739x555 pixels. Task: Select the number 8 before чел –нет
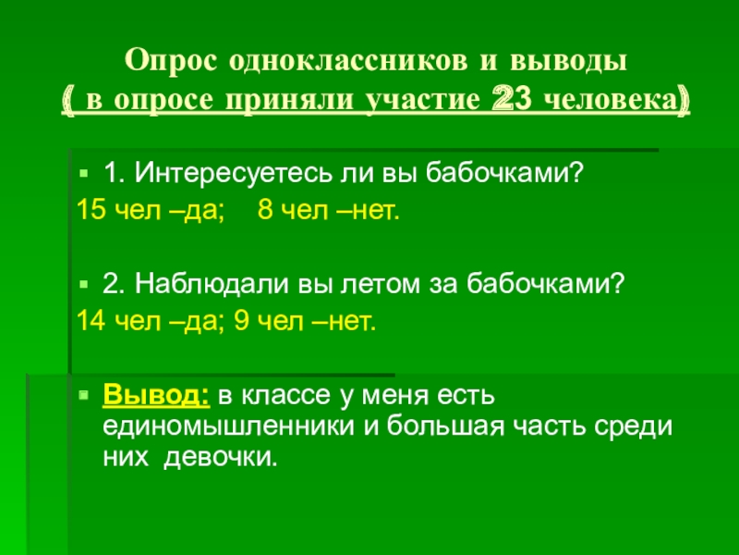(x=265, y=212)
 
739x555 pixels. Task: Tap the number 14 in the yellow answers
(x=91, y=322)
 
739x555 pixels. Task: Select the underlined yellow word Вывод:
(x=154, y=396)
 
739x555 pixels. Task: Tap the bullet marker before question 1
(x=83, y=172)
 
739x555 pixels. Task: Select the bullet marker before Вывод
(x=83, y=396)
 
